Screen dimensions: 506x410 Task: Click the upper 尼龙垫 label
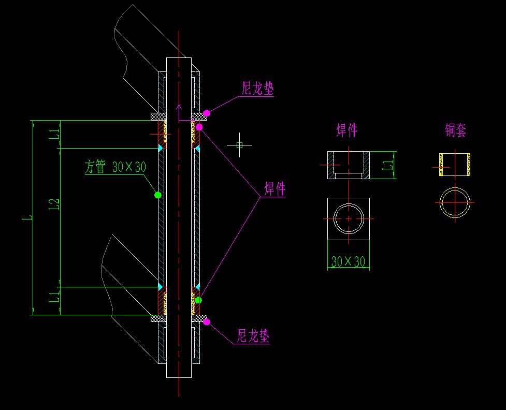pos(258,88)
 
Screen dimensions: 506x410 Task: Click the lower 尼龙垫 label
pos(253,336)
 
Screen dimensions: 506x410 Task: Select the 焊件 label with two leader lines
pos(275,189)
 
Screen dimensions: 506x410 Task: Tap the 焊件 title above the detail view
pos(347,130)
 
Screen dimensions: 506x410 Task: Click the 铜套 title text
pos(455,130)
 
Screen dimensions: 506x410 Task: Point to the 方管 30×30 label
pos(115,167)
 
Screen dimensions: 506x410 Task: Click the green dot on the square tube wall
pos(158,195)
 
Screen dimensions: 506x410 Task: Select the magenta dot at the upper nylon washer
pos(207,113)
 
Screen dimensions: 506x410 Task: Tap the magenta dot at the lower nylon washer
pos(207,321)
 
